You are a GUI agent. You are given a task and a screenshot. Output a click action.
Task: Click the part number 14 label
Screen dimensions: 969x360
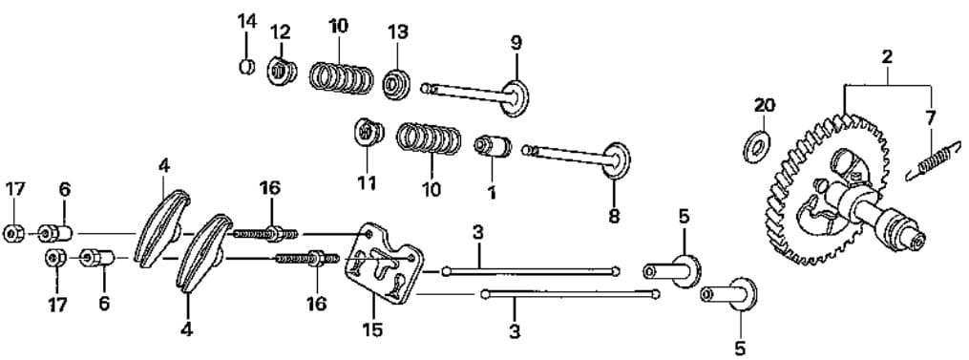coord(246,21)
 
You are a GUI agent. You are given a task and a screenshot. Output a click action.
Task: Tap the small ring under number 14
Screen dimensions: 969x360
coord(247,66)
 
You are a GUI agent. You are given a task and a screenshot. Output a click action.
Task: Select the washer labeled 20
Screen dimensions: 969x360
coord(756,147)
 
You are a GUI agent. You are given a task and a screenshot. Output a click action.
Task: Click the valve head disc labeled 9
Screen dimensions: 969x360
coord(515,97)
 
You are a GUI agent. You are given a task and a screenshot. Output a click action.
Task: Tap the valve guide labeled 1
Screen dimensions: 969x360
coord(493,147)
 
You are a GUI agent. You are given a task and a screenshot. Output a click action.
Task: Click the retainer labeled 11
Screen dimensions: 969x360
coord(368,132)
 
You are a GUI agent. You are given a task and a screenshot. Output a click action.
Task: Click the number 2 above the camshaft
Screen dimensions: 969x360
coord(887,57)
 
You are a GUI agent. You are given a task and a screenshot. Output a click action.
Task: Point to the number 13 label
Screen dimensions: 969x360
coord(397,32)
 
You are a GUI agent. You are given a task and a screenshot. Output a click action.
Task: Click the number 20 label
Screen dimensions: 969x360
coord(764,105)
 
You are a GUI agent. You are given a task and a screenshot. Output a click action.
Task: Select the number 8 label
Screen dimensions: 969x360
coord(613,216)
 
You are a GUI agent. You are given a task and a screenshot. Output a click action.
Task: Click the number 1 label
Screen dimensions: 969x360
coord(492,192)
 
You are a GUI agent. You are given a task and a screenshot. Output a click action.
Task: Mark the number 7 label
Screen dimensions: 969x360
coord(931,116)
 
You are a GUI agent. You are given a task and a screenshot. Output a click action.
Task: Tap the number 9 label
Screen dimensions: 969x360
coord(516,43)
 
